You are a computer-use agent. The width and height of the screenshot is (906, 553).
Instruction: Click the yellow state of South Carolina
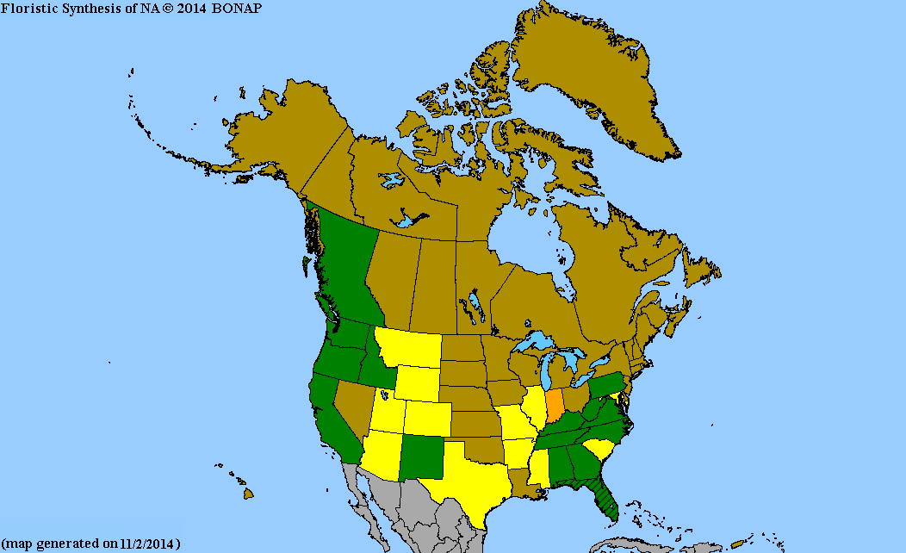coord(599,449)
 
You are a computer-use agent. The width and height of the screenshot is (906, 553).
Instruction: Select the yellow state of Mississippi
coord(537,469)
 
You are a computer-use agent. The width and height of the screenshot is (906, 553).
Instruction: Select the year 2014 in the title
coord(191,8)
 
